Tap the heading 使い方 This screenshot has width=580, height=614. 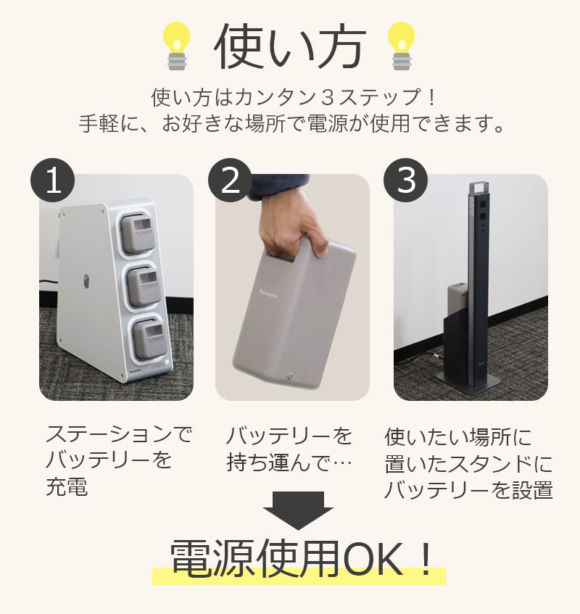(x=290, y=48)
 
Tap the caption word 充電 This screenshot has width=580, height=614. (x=67, y=486)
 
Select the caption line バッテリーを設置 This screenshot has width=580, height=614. (x=468, y=489)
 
